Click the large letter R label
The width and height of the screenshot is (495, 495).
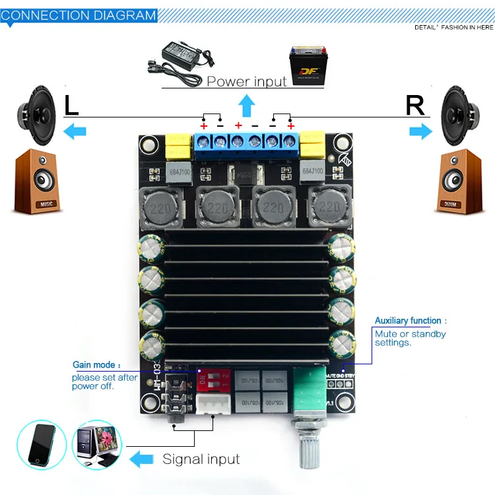point(415,106)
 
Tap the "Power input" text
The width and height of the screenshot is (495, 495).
point(247,81)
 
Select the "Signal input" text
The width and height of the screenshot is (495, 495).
point(201,459)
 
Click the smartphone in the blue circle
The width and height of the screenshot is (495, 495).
point(42,444)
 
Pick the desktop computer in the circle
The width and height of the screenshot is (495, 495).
point(100,444)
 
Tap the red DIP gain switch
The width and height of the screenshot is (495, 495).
point(213,379)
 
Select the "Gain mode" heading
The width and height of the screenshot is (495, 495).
point(96,364)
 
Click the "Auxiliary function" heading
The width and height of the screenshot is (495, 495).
point(410,321)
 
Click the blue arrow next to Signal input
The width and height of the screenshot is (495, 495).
point(142,459)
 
